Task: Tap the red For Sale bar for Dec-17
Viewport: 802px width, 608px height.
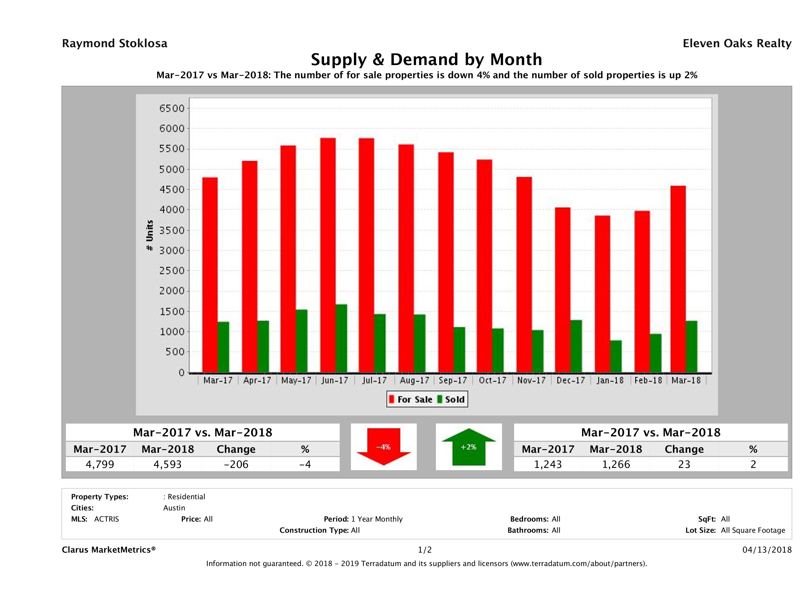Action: coord(562,290)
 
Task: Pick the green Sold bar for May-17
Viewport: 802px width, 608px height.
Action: coord(301,341)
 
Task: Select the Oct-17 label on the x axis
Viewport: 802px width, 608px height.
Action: coord(492,380)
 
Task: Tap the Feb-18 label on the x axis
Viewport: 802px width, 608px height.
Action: coord(648,380)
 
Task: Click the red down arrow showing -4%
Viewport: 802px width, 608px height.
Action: coord(383,447)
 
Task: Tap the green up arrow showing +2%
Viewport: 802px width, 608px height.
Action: coord(468,447)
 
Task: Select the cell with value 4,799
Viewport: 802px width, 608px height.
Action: coord(100,464)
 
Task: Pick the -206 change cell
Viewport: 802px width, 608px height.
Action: coord(236,464)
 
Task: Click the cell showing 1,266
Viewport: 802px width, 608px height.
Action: coord(616,464)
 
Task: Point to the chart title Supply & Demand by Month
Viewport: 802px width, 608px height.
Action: coord(426,59)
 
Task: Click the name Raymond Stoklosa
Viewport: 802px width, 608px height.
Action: coord(115,43)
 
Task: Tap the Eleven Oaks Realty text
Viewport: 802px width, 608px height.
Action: coord(737,43)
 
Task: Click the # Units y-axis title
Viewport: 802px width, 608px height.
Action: coord(149,235)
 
